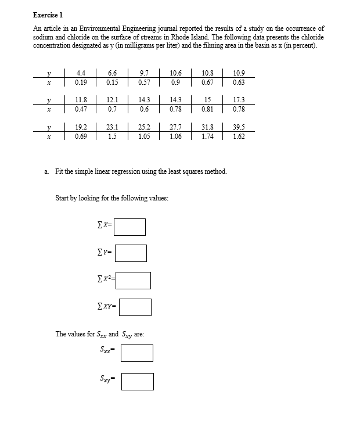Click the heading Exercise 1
coord(48,14)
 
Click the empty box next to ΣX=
coord(129,227)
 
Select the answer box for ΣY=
coord(130,253)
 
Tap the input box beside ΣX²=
coord(135,280)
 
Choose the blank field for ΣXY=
coord(135,307)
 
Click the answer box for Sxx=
coord(137,353)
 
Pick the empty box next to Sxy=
coord(138,381)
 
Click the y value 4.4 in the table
coord(81,73)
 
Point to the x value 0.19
coord(81,82)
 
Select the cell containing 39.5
coord(239,127)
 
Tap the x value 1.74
coord(207,136)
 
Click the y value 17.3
coord(239,100)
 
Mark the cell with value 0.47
coord(81,109)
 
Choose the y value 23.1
coord(113,127)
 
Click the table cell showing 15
coord(207,100)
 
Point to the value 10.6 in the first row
coord(176,73)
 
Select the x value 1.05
coord(145,136)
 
